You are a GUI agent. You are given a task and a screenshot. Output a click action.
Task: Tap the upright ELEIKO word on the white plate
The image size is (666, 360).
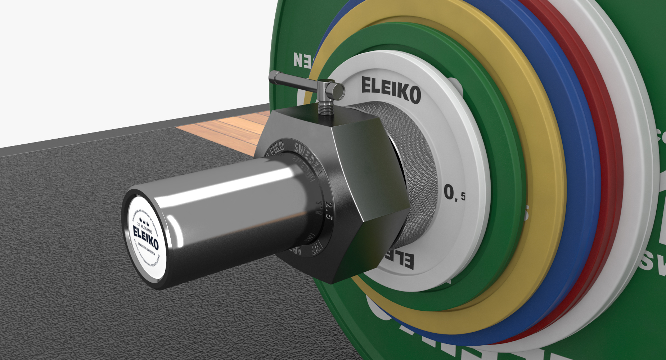click(391, 90)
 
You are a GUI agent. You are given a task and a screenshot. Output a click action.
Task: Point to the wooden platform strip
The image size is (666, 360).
click(223, 126)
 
